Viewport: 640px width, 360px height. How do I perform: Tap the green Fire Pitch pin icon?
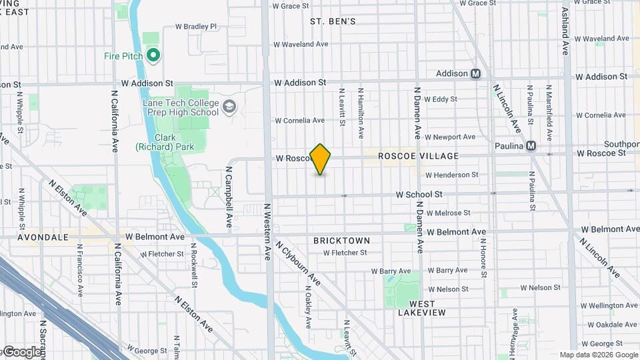click(x=153, y=55)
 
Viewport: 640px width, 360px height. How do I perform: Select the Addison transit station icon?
click(x=475, y=73)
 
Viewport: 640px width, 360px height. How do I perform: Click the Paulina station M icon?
click(x=531, y=146)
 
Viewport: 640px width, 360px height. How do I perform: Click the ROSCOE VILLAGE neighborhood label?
click(x=419, y=156)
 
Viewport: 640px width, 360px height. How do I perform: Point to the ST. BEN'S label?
click(x=333, y=21)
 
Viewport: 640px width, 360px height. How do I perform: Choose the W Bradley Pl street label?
click(x=196, y=27)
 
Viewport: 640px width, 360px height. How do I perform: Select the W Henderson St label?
click(x=452, y=175)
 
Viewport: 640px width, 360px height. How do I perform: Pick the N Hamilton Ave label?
click(x=361, y=113)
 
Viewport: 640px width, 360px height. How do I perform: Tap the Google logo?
click(x=21, y=352)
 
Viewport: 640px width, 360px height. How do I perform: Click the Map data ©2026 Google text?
click(x=598, y=355)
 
